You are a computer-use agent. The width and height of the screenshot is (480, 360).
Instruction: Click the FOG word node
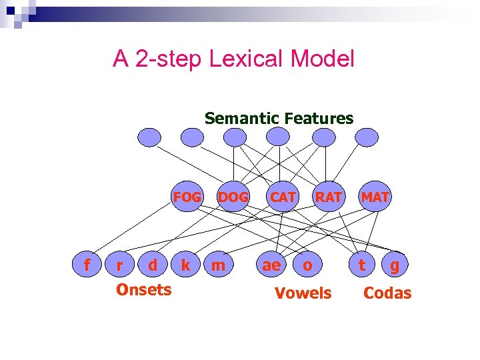[x=187, y=197]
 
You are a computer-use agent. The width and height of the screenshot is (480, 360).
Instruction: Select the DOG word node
[x=233, y=197]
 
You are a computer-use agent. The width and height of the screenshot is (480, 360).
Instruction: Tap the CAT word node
[x=283, y=197]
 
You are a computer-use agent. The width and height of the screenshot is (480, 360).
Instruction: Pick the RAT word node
[x=329, y=197]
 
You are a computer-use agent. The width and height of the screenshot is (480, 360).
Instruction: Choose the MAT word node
[x=375, y=197]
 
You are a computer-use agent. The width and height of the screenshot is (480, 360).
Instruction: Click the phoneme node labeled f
[x=86, y=265]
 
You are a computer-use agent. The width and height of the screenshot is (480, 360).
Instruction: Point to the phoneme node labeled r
[x=119, y=265]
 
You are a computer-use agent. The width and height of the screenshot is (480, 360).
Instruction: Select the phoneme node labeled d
[x=153, y=265]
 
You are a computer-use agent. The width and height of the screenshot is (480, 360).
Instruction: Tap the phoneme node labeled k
[x=186, y=265]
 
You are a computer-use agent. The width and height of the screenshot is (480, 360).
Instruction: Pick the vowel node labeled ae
[x=271, y=265]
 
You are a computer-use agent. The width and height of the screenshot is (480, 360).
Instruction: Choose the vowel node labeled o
[x=307, y=265]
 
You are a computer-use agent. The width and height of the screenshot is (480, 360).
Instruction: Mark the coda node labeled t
[x=362, y=265]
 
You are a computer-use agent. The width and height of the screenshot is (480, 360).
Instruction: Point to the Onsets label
[x=143, y=289]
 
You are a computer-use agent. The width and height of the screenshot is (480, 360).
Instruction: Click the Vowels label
[x=303, y=293]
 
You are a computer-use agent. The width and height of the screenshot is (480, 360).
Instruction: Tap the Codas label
[x=387, y=293]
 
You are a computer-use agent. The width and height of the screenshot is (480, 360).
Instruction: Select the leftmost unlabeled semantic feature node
[x=149, y=137]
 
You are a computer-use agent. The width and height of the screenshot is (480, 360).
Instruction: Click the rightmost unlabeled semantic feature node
[x=366, y=137]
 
